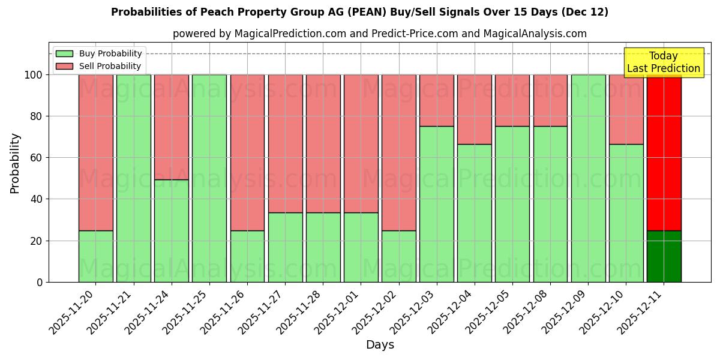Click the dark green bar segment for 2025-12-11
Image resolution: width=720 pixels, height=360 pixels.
[x=664, y=256]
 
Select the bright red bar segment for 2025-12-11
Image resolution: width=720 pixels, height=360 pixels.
[x=664, y=152]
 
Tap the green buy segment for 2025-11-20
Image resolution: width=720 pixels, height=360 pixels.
[x=95, y=256]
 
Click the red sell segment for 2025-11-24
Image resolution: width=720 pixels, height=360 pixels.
[x=171, y=127]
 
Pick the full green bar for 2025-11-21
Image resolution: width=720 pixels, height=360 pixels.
[x=133, y=178]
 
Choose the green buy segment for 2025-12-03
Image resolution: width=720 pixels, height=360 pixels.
[x=436, y=204]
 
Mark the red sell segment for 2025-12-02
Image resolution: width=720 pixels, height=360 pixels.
[x=398, y=152]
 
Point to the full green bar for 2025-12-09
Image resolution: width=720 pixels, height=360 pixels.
[x=588, y=178]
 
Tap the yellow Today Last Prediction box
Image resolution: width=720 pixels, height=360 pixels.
[x=663, y=62]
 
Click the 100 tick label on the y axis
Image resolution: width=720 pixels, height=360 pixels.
[x=34, y=75]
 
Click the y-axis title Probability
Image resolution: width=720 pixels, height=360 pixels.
[x=16, y=163]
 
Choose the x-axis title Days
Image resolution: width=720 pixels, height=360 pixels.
[x=380, y=345]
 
